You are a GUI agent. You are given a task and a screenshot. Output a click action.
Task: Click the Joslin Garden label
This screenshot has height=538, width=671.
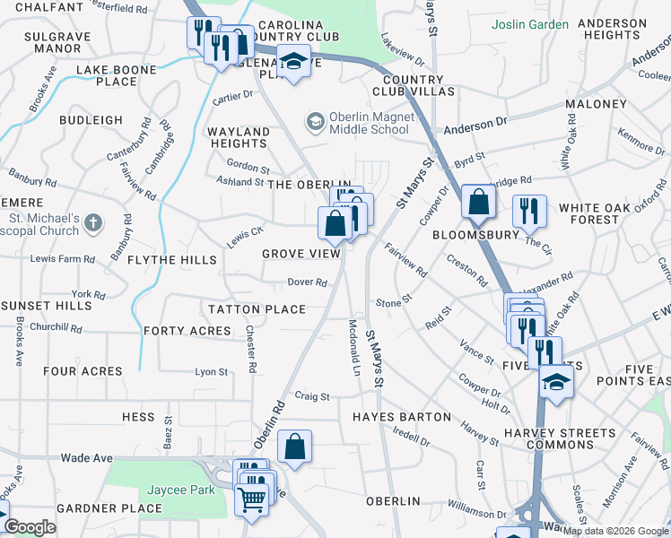click(529, 24)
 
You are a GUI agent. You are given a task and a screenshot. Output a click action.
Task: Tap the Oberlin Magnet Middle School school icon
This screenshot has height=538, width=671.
click(315, 120)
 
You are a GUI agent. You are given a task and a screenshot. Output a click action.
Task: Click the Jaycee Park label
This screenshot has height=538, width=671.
click(165, 490)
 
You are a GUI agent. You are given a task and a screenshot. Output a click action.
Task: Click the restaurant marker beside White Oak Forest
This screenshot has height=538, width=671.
click(529, 211)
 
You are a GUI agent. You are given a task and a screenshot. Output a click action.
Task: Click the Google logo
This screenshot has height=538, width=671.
click(30, 527)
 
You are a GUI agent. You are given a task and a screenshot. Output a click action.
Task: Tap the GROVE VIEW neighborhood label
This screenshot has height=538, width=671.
click(301, 254)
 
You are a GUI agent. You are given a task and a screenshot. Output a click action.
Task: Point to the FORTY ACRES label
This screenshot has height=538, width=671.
click(187, 330)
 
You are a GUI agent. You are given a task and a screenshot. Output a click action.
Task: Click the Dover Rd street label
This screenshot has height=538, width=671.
click(307, 282)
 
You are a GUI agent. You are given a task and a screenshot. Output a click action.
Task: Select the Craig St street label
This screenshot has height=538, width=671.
click(312, 395)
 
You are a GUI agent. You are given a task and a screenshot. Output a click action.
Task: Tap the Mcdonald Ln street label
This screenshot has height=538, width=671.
click(354, 349)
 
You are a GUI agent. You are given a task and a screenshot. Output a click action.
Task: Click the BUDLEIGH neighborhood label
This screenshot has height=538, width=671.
click(91, 119)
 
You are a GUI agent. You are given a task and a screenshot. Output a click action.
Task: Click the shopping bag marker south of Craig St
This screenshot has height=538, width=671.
click(294, 447)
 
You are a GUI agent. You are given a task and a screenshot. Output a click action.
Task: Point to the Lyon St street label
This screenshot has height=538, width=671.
click(212, 371)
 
